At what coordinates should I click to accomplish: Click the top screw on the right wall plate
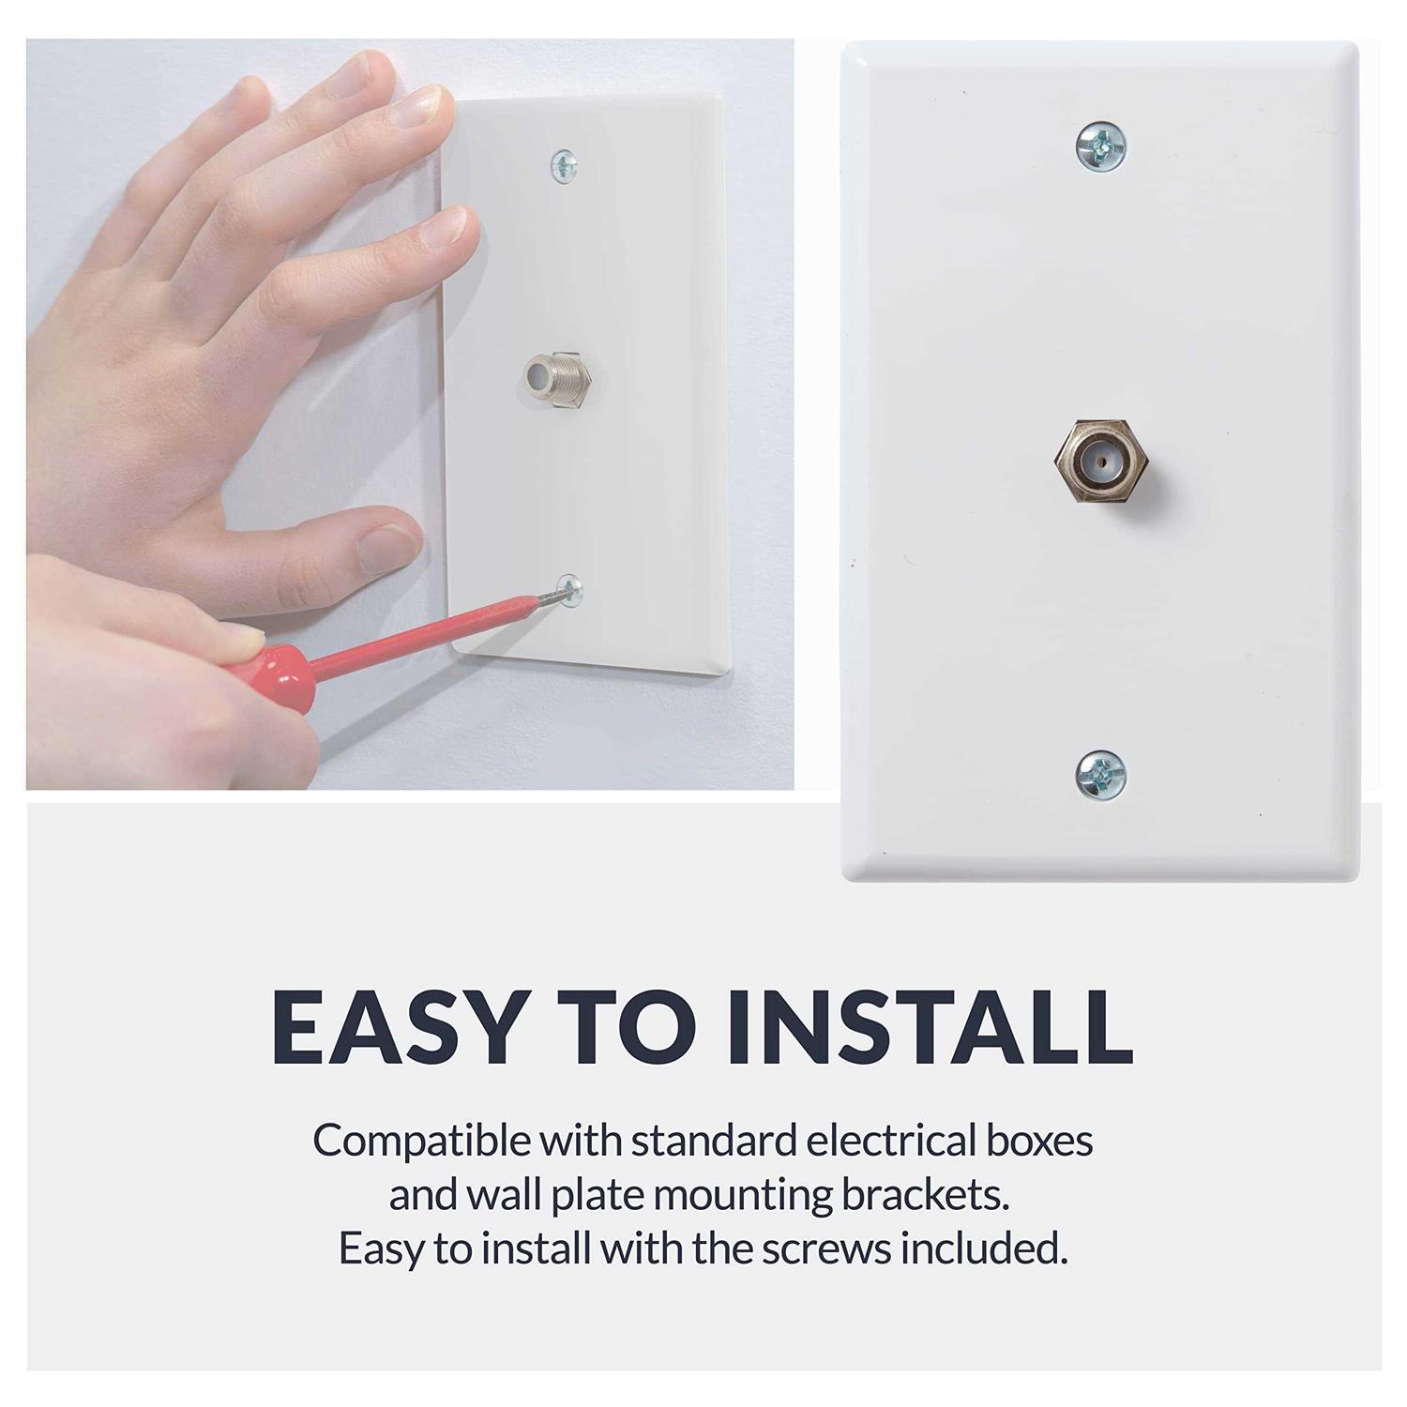pyautogui.click(x=1099, y=145)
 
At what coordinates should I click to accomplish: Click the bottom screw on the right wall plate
pyautogui.click(x=1099, y=775)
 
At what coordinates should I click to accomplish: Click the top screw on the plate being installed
pyautogui.click(x=564, y=167)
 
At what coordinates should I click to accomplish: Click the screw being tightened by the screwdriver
pyautogui.click(x=568, y=590)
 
